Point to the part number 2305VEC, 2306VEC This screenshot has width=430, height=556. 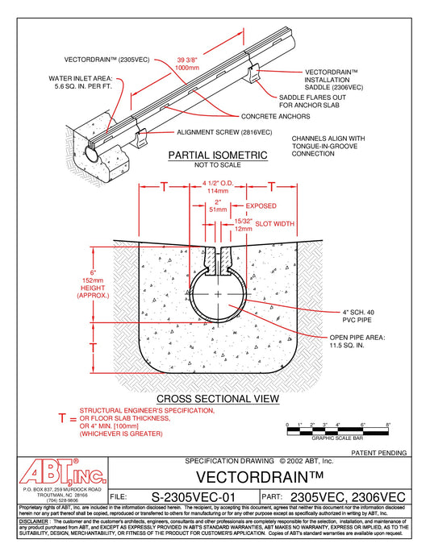point(349,497)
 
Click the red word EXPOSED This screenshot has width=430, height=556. point(261,206)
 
